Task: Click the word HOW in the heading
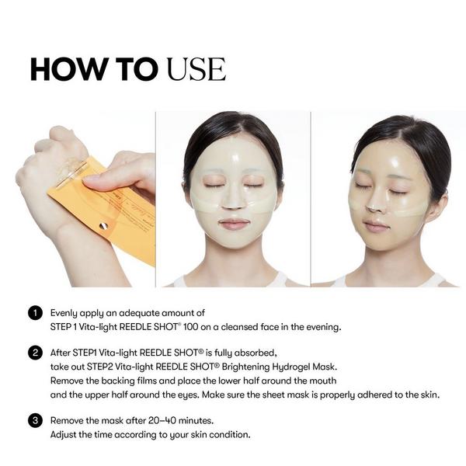(64, 69)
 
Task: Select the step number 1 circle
(34, 314)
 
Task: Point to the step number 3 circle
(34, 421)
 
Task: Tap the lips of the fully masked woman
(234, 224)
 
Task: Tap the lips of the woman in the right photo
(377, 225)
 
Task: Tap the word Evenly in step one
(64, 313)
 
